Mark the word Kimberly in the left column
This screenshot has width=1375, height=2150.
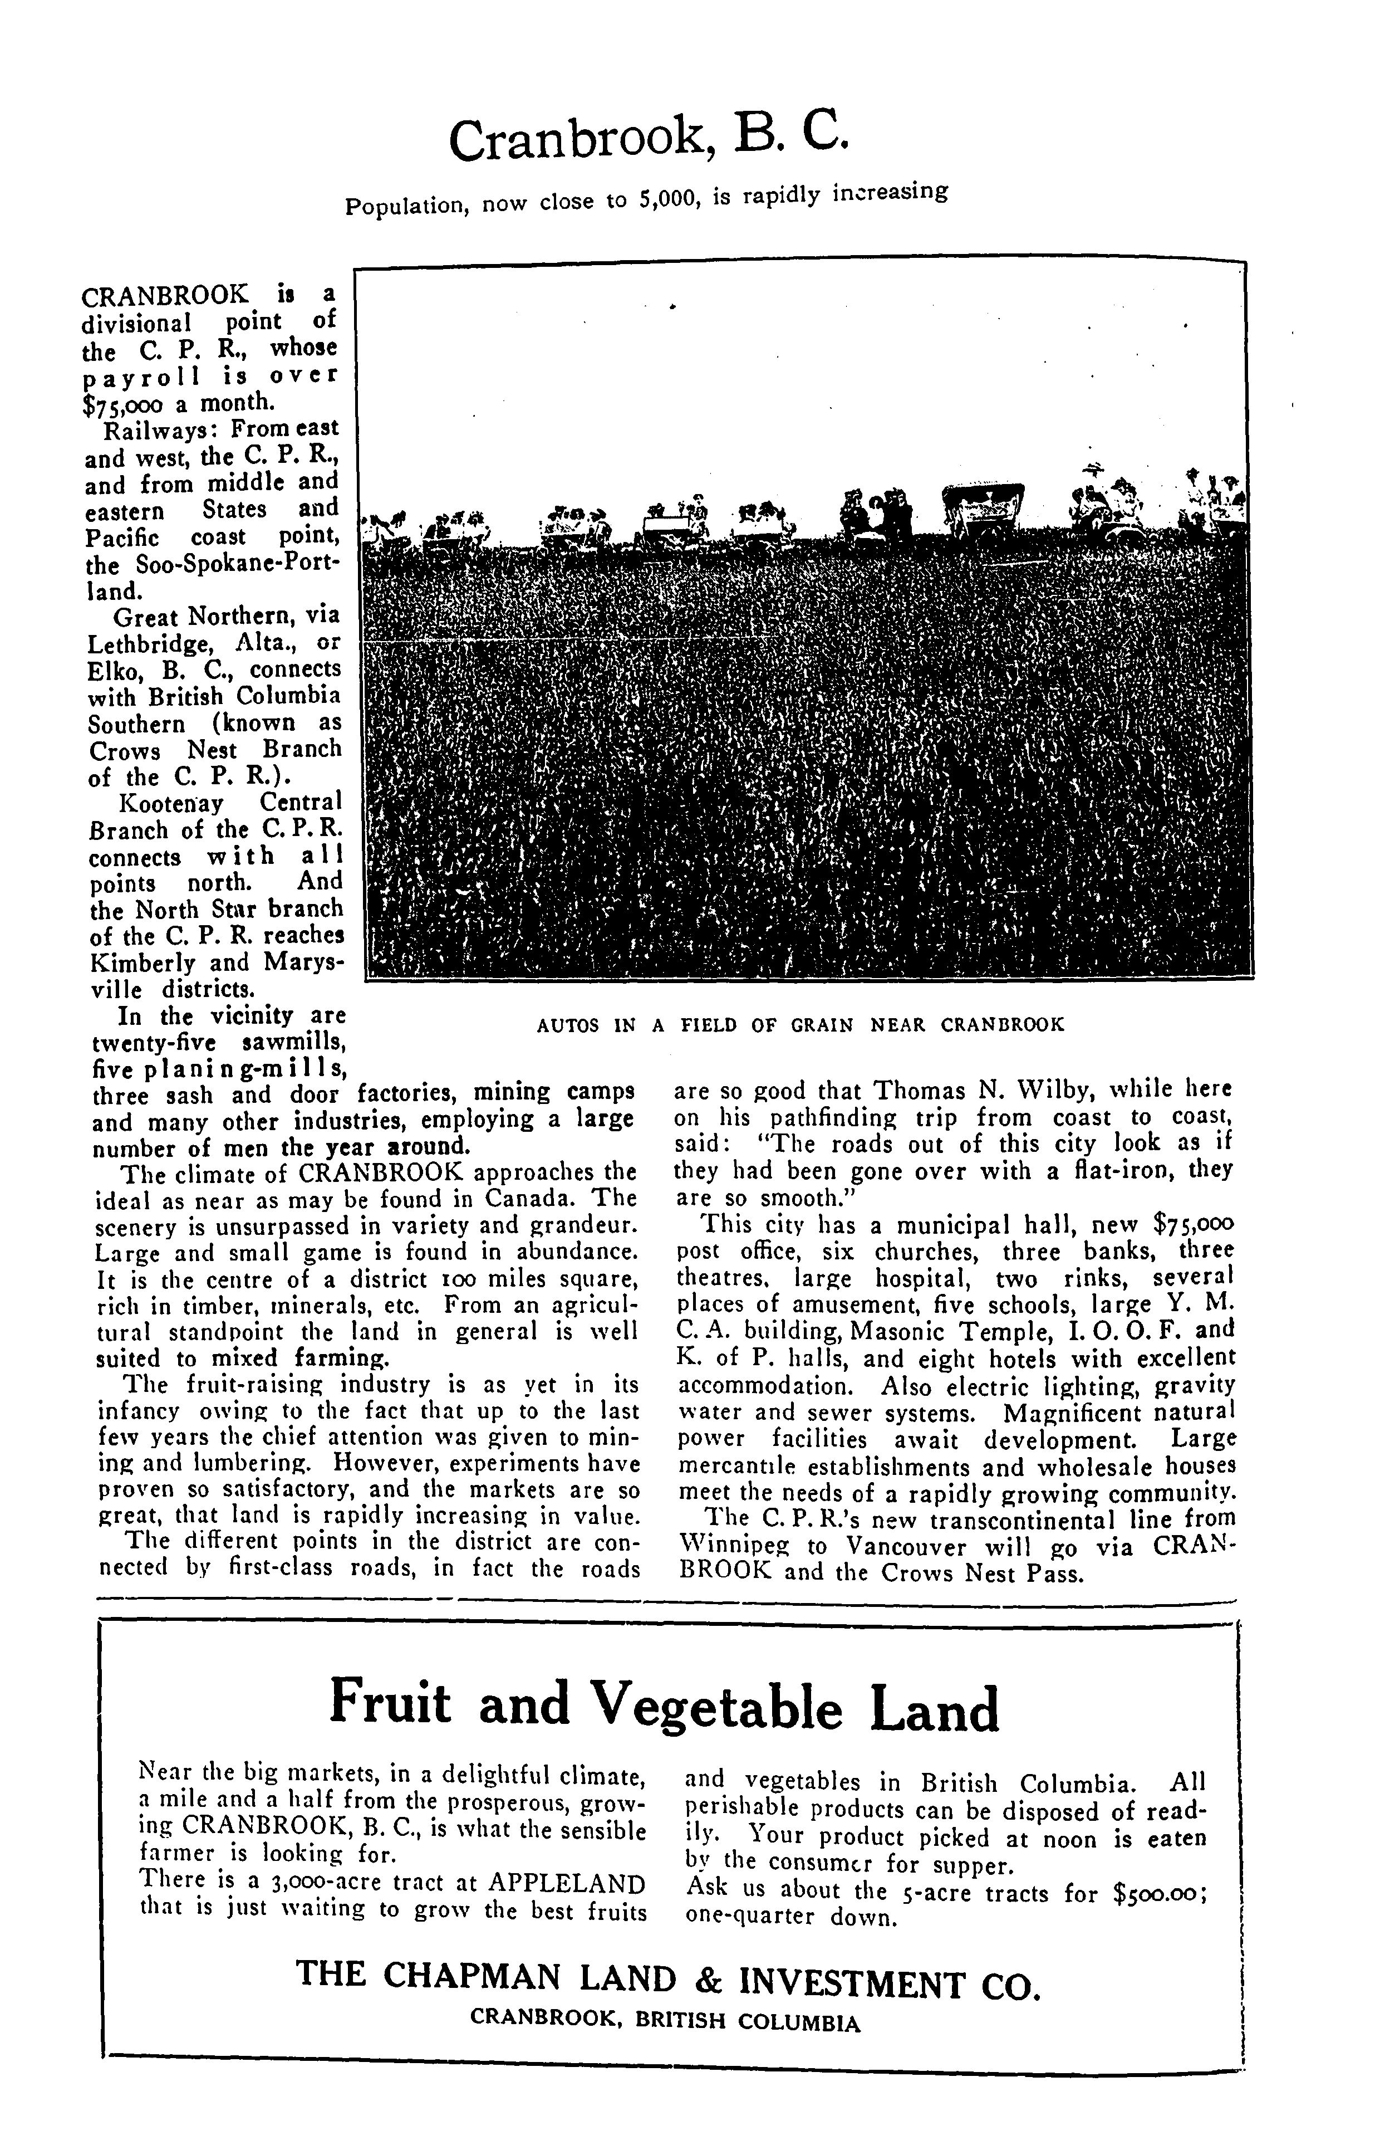[140, 964]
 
